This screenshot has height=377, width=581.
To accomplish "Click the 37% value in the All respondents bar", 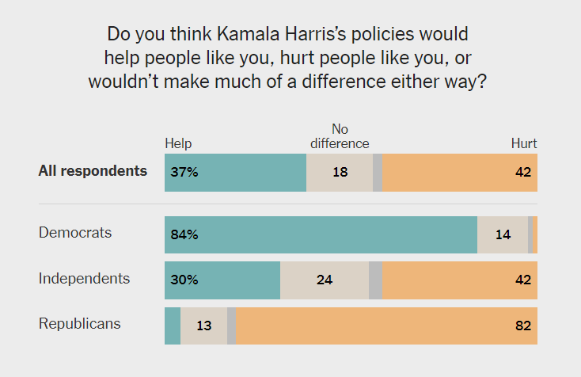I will [x=182, y=172].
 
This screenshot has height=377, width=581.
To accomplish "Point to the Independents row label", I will [x=84, y=279].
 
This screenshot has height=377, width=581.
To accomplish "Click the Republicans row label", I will [x=79, y=324].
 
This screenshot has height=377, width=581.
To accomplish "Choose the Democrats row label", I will [x=75, y=233].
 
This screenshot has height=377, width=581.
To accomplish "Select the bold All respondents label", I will [x=93, y=171].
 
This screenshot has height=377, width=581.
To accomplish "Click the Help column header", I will [x=178, y=143].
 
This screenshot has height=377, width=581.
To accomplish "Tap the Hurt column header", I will [x=524, y=143].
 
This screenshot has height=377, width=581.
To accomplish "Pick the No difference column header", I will [x=340, y=136].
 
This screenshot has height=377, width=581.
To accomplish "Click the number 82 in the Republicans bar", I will [x=522, y=325].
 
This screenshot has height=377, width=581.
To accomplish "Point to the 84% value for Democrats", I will [x=182, y=234].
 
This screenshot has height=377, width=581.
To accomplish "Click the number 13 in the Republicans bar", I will [x=203, y=325].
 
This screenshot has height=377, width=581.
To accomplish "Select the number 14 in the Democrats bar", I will [x=502, y=234].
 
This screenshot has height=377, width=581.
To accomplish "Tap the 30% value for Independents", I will [x=182, y=280].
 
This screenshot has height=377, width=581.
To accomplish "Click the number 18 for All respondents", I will [x=340, y=172].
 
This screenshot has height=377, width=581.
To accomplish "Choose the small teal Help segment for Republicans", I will [x=173, y=325].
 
